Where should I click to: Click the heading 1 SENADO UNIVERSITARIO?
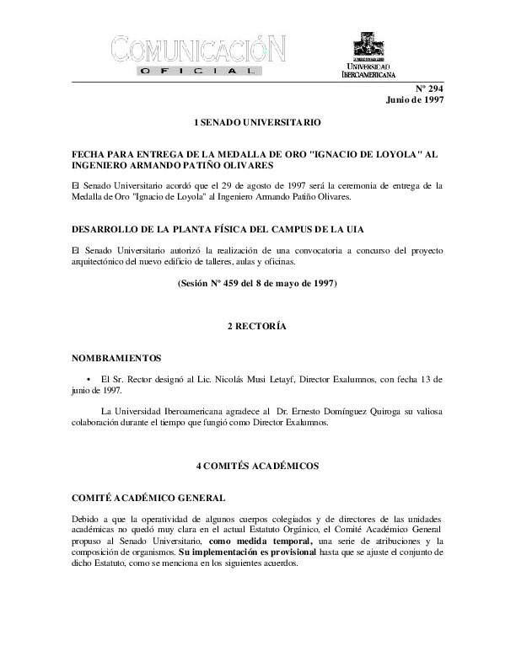coord(257,123)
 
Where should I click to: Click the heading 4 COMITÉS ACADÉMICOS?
coord(257,465)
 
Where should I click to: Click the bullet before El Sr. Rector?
coord(89,380)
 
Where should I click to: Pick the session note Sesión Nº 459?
coord(257,283)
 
